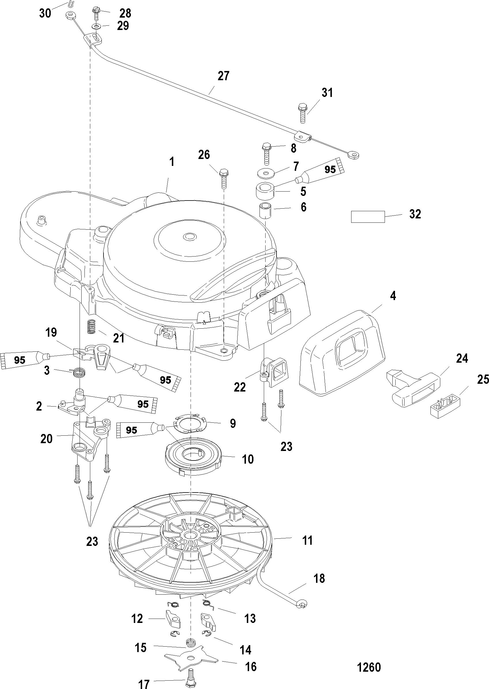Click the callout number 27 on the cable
pos(223,76)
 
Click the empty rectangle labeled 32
pos(368,217)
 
